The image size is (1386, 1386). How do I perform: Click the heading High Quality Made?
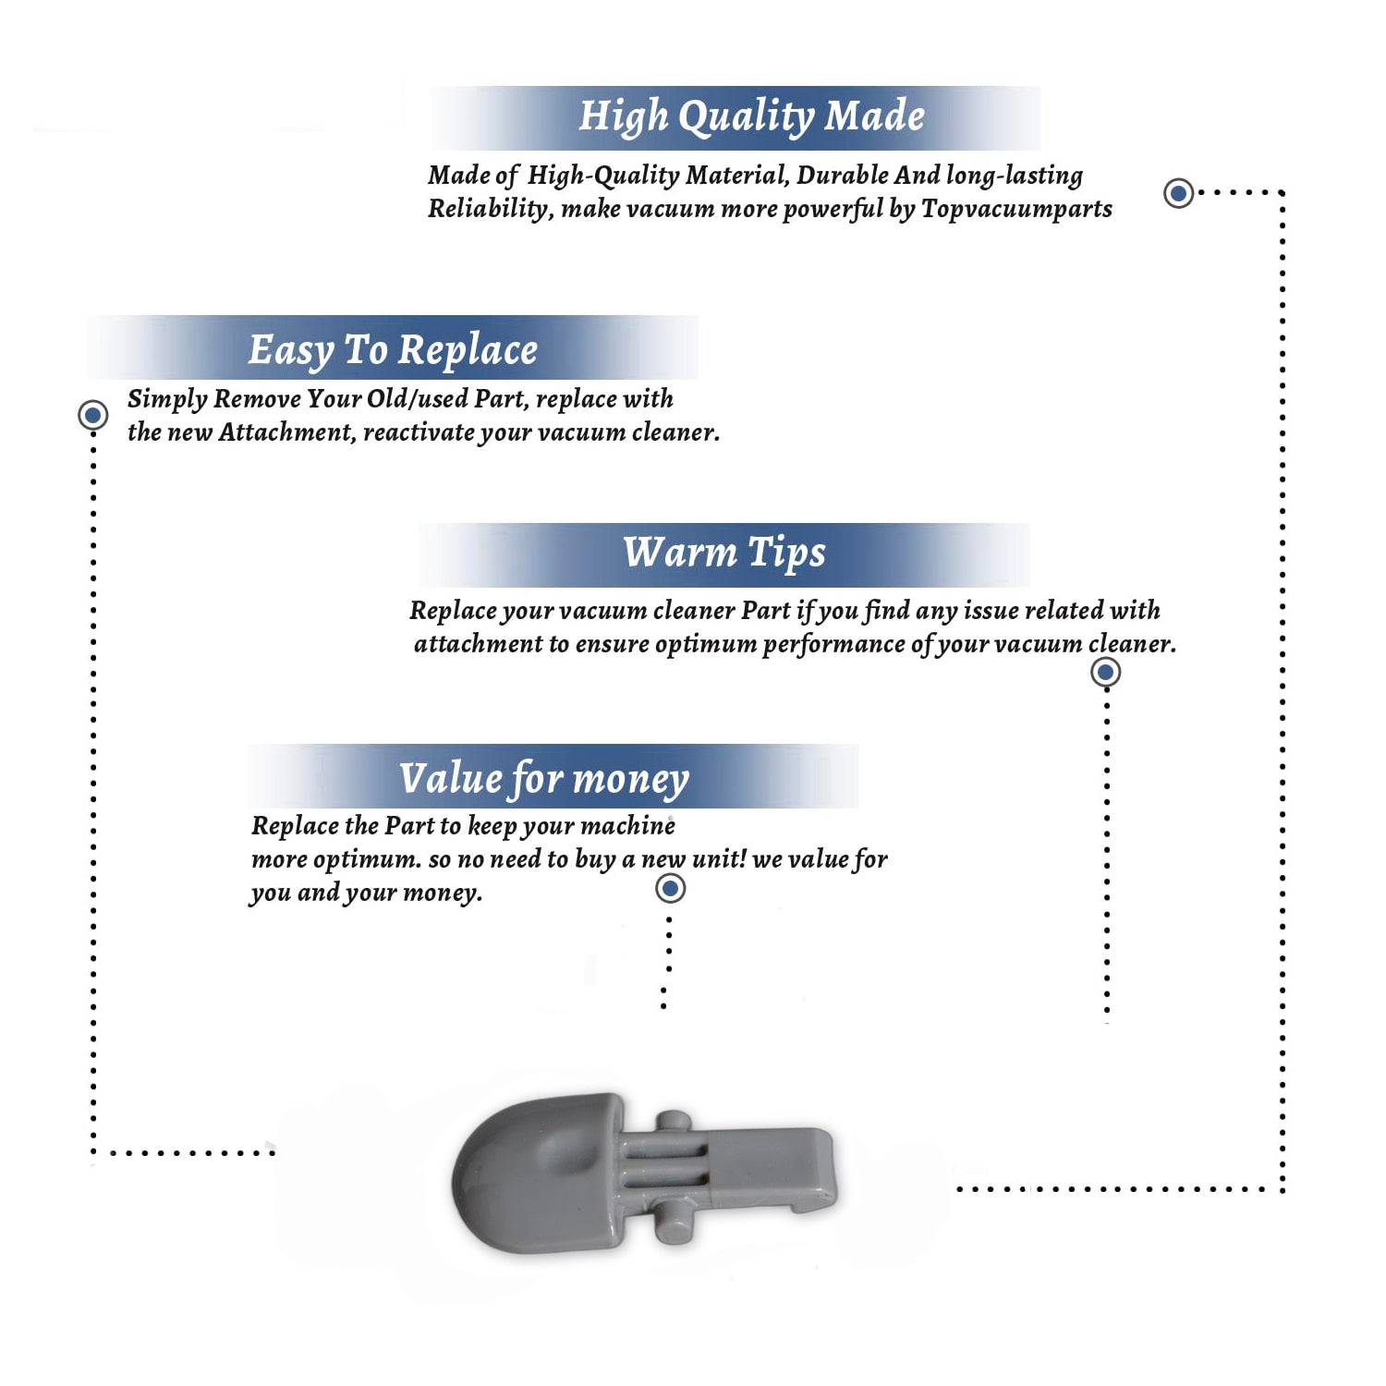751,117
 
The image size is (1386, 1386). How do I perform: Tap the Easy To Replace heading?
393,351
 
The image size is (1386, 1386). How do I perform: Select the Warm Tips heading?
724,553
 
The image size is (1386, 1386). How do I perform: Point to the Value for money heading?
544,779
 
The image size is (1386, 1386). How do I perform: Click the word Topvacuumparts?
1016,210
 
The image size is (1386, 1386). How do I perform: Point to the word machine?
628,825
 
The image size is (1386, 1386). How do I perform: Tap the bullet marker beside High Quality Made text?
1178,193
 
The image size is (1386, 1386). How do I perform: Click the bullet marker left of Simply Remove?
92,415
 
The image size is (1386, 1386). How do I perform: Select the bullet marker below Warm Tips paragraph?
1105,672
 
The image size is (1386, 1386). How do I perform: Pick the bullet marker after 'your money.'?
670,889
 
